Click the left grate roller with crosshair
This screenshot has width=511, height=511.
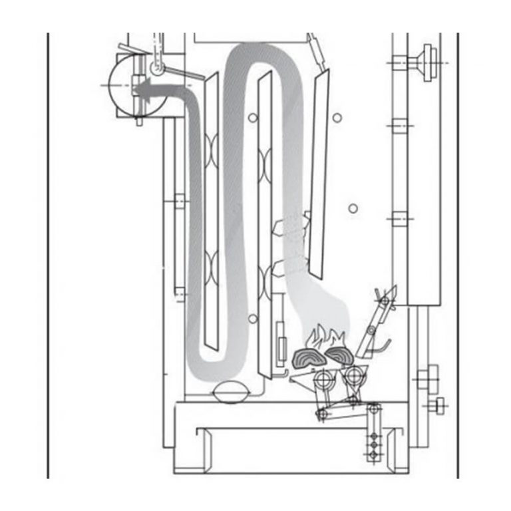(x=325, y=382)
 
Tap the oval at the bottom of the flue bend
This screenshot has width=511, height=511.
(x=228, y=393)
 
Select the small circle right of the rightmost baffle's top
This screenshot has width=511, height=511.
(x=337, y=118)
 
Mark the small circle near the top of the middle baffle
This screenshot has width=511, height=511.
(x=252, y=118)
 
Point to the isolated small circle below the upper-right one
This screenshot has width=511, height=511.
(x=353, y=208)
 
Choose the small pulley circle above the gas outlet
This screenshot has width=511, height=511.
(x=158, y=67)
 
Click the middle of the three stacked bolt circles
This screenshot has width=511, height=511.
(x=373, y=442)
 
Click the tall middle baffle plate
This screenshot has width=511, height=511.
(x=265, y=220)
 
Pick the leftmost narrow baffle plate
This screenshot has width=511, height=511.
(x=212, y=213)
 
